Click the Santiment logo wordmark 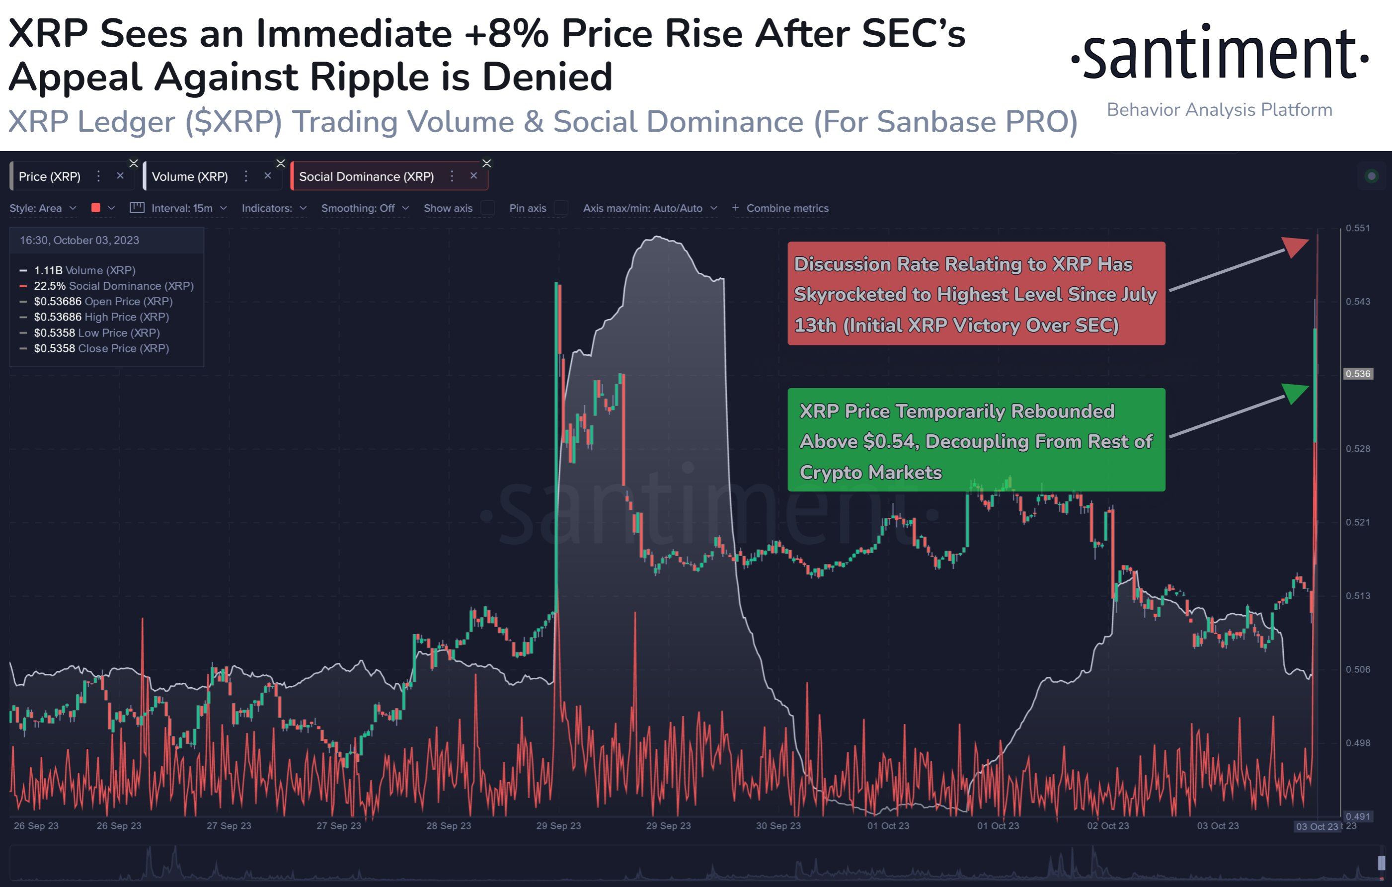tap(1220, 55)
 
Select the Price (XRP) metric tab tap(50, 176)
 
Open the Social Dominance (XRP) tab tap(366, 176)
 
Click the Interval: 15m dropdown tap(181, 208)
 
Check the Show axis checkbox tap(488, 208)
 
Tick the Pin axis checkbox tap(561, 208)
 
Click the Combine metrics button tap(780, 208)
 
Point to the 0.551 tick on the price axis tap(1357, 228)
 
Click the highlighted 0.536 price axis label tap(1357, 374)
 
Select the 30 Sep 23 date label tap(778, 826)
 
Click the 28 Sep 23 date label tap(449, 826)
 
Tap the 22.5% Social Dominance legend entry tap(113, 286)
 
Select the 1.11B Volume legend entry tap(84, 270)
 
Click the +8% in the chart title tap(506, 33)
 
